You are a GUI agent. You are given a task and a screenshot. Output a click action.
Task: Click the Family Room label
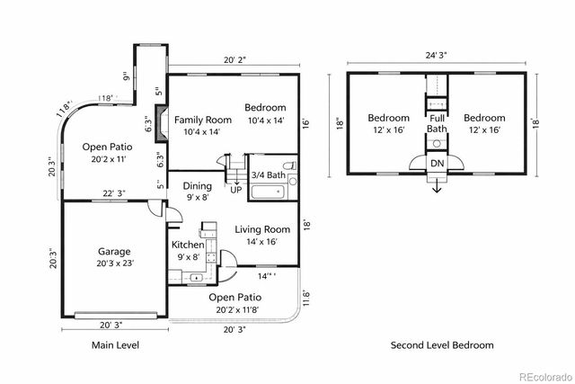pos(203,120)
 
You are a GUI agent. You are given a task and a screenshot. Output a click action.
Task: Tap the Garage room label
pos(114,252)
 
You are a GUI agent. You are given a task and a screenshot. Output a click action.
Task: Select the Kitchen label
pos(187,245)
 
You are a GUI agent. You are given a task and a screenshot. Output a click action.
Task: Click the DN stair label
pos(437,163)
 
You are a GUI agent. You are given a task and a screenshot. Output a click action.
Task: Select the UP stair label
pos(236,191)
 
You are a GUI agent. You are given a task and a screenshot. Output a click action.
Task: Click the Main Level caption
pos(116,344)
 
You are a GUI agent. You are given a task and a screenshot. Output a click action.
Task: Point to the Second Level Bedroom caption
pos(441,344)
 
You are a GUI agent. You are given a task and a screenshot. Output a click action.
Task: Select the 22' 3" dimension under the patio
pos(113,193)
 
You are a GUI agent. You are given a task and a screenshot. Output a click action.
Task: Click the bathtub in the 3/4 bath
pos(266,192)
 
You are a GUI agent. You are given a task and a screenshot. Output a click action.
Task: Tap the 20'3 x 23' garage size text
pos(114,263)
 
